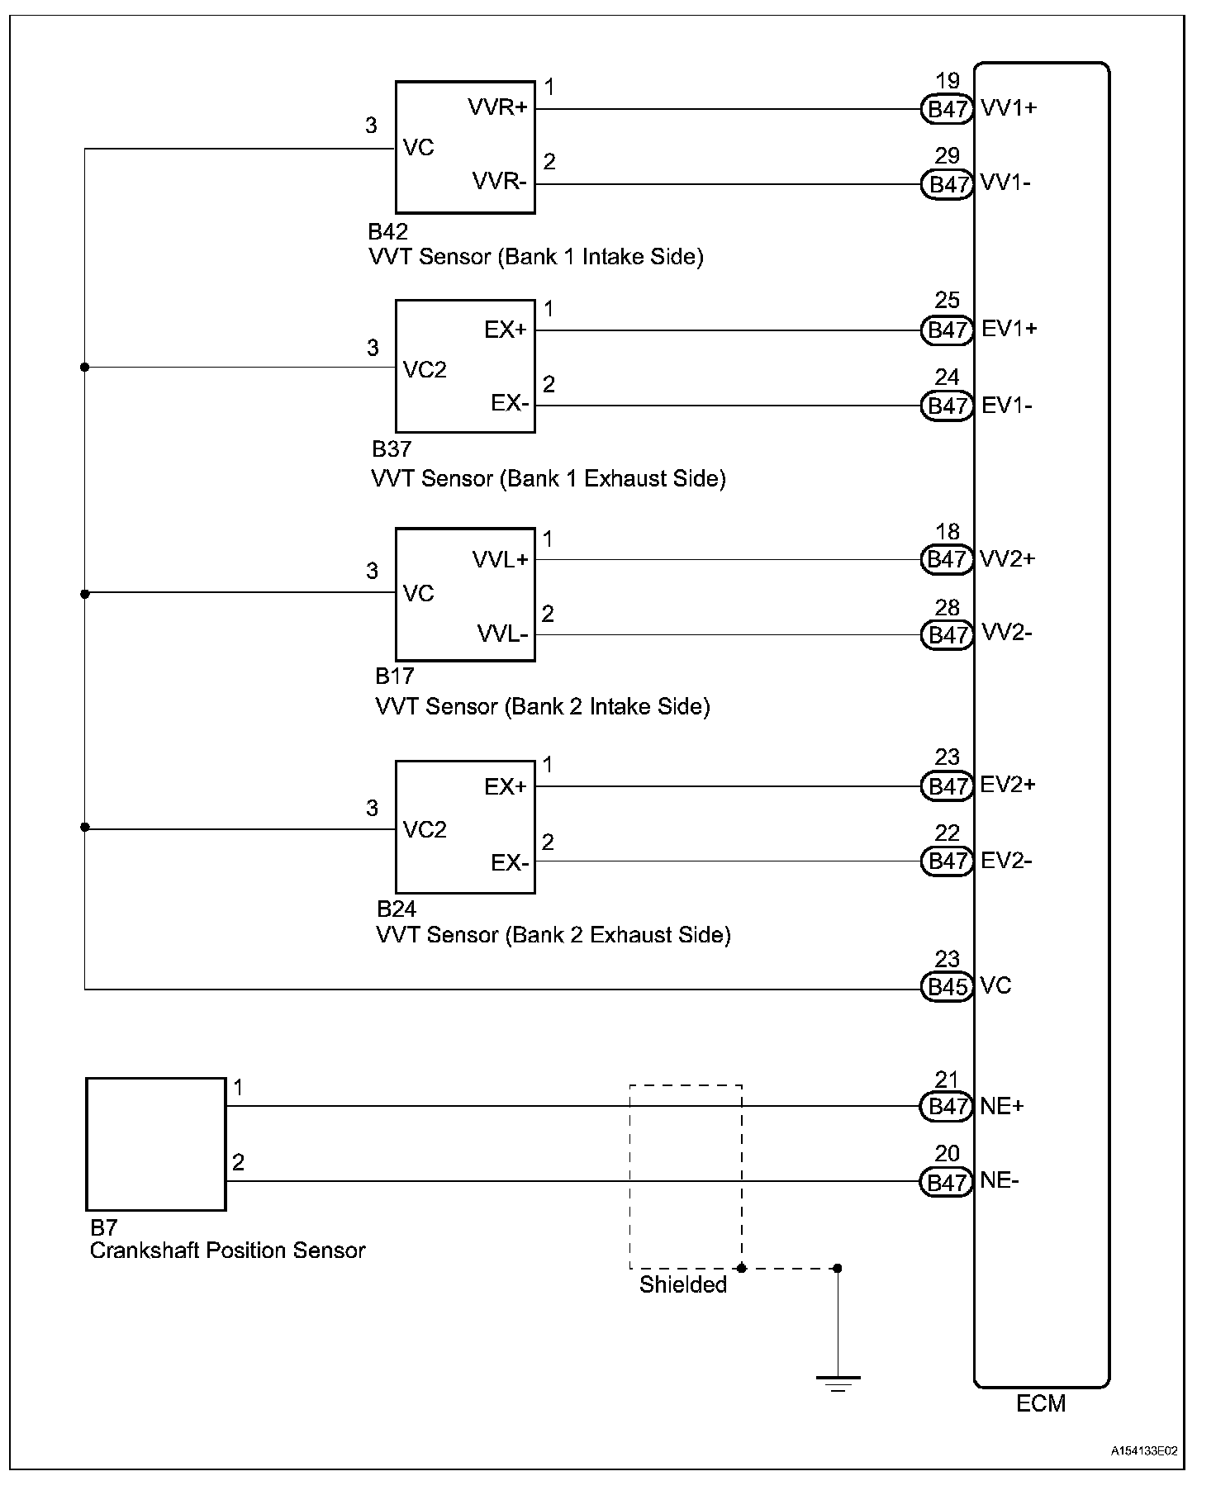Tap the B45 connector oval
pyautogui.click(x=947, y=986)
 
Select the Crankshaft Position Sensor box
pyautogui.click(x=156, y=1144)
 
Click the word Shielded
pyautogui.click(x=682, y=1284)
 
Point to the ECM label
pyautogui.click(x=1041, y=1403)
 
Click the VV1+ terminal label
pyautogui.click(x=1008, y=108)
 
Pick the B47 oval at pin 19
pyautogui.click(x=947, y=109)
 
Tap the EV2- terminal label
pyautogui.click(x=1006, y=861)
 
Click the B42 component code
pyautogui.click(x=387, y=231)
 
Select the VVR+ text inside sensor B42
pyautogui.click(x=497, y=107)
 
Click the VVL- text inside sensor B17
pyautogui.click(x=502, y=634)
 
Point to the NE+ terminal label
pyautogui.click(x=1001, y=1106)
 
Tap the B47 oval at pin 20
pyautogui.click(x=947, y=1182)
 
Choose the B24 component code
pyautogui.click(x=397, y=909)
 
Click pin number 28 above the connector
pyautogui.click(x=947, y=608)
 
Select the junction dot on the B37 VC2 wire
pyautogui.click(x=84, y=367)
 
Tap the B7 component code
pyautogui.click(x=103, y=1227)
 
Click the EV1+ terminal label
pyautogui.click(x=1009, y=330)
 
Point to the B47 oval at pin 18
pyautogui.click(x=947, y=559)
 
